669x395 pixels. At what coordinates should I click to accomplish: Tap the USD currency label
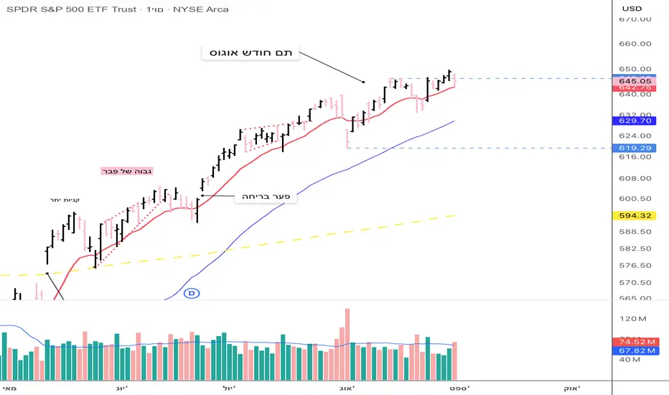pyautogui.click(x=632, y=8)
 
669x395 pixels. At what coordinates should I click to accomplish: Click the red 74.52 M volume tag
pyautogui.click(x=636, y=342)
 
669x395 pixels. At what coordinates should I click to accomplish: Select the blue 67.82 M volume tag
pyautogui.click(x=636, y=350)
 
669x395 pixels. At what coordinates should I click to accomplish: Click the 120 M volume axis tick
pyautogui.click(x=635, y=317)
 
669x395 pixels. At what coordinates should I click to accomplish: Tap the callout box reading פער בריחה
pyautogui.click(x=266, y=196)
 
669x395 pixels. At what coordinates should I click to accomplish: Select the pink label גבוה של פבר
pyautogui.click(x=126, y=171)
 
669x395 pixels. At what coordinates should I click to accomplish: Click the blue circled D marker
pyautogui.click(x=191, y=293)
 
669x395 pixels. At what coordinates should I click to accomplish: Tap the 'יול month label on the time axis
pyautogui.click(x=239, y=387)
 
